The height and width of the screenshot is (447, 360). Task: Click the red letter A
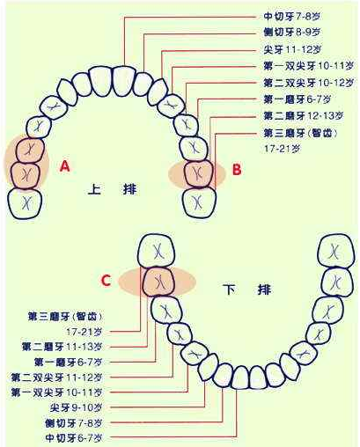click(x=65, y=167)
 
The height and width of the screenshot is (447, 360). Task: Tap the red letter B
click(x=237, y=170)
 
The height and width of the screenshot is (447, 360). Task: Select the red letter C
click(x=106, y=281)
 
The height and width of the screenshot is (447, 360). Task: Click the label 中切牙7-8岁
click(x=291, y=17)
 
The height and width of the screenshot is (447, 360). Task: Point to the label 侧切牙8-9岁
click(x=292, y=33)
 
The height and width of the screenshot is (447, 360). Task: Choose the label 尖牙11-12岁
click(x=292, y=49)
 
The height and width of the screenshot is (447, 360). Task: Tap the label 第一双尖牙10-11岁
click(x=308, y=66)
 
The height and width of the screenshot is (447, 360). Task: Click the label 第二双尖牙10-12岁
click(x=308, y=83)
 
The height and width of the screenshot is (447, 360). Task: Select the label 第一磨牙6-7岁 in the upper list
click(x=298, y=99)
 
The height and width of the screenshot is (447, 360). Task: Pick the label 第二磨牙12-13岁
click(x=304, y=116)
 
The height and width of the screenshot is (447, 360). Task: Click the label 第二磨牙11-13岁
click(x=62, y=347)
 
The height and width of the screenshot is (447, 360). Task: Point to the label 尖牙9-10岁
click(x=76, y=407)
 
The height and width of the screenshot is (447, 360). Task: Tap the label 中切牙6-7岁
click(x=74, y=438)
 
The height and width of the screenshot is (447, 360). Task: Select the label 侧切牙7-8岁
click(x=74, y=423)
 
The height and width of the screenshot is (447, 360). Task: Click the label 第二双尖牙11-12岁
click(x=56, y=377)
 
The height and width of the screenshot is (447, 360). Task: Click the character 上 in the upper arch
click(x=94, y=189)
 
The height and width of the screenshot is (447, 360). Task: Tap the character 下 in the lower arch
click(x=230, y=289)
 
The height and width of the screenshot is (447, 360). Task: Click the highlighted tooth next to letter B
click(x=199, y=174)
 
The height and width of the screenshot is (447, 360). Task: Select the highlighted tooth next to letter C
click(x=158, y=282)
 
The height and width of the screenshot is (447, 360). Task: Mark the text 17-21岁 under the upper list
click(x=283, y=149)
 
